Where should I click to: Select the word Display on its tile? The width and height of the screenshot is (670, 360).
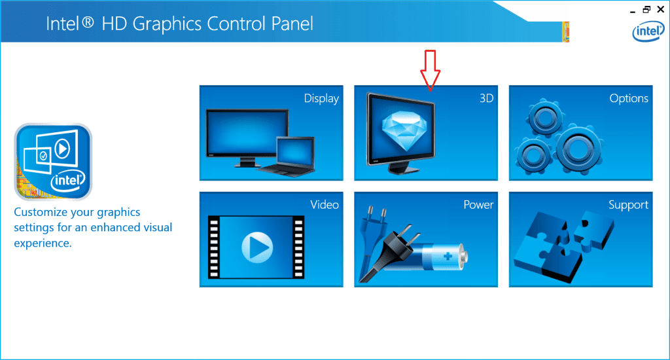pyautogui.click(x=321, y=99)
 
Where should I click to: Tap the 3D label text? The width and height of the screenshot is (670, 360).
pyautogui.click(x=486, y=99)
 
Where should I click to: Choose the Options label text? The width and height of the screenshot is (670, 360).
pyautogui.click(x=629, y=99)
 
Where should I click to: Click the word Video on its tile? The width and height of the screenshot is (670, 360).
pyautogui.click(x=325, y=205)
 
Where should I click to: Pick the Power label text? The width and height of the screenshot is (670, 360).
pyautogui.click(x=478, y=205)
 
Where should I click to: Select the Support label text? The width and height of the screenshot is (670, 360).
pyautogui.click(x=628, y=205)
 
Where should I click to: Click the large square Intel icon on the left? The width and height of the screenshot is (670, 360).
pyautogui.click(x=53, y=161)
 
